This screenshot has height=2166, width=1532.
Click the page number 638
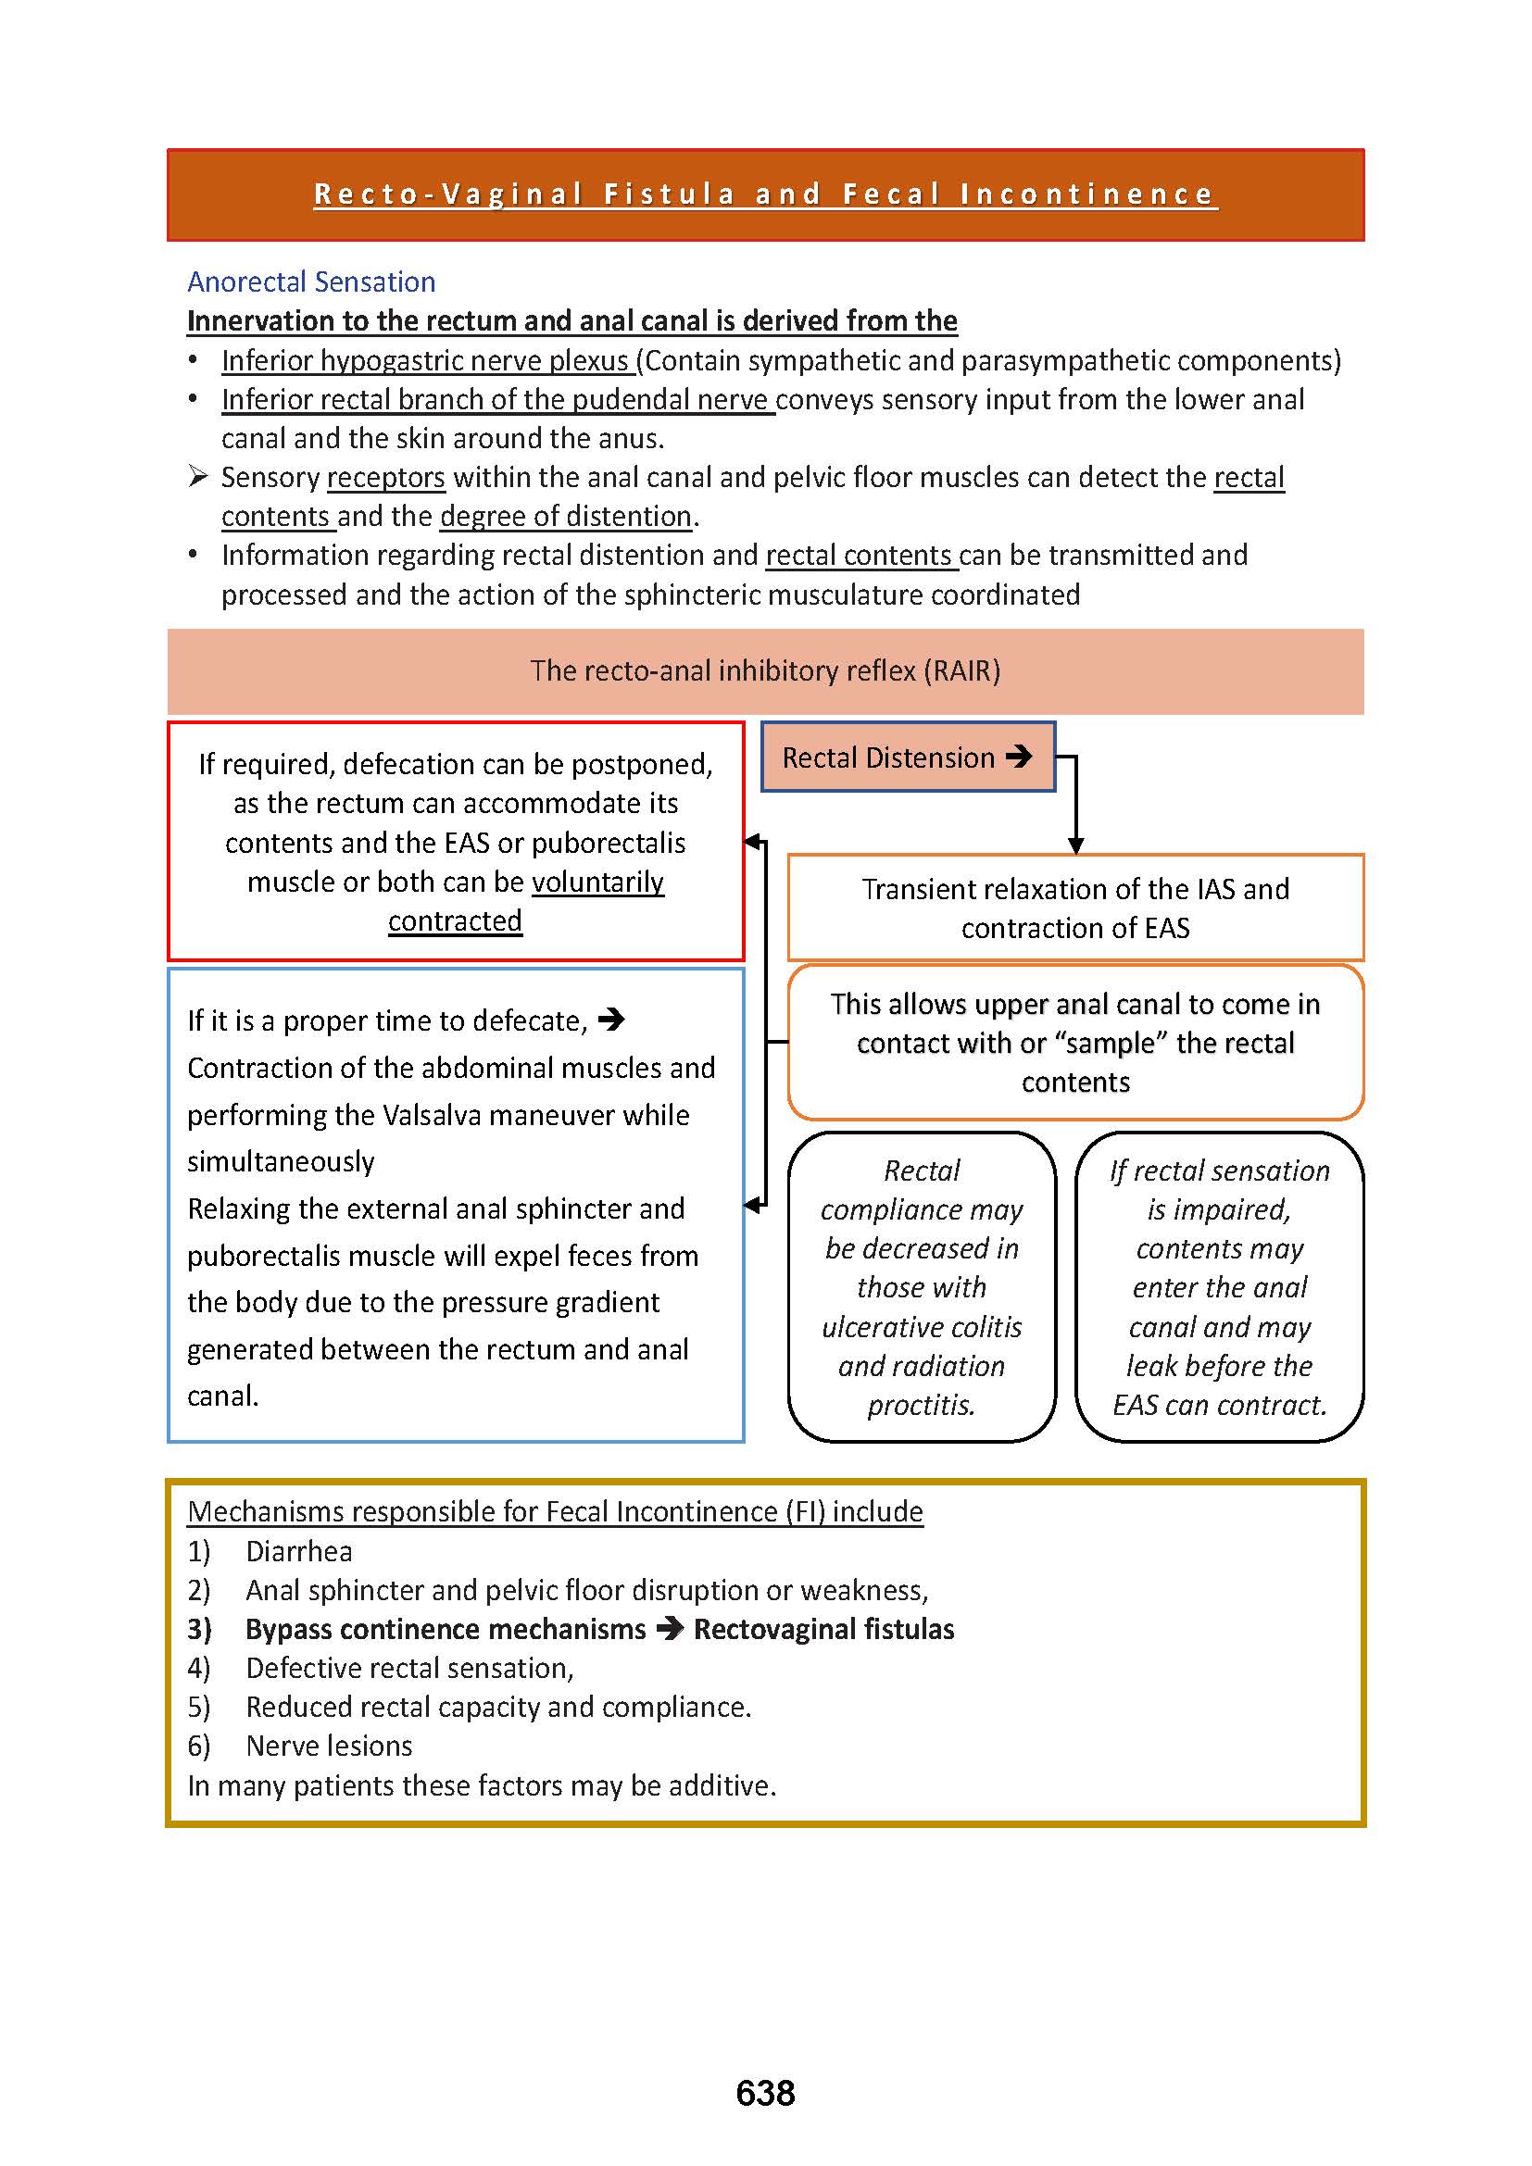[765, 2093]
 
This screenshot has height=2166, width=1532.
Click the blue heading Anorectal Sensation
[311, 282]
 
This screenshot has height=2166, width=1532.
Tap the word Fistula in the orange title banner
[669, 194]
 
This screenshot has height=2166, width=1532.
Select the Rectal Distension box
[908, 757]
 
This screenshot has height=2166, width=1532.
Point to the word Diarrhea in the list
[299, 1551]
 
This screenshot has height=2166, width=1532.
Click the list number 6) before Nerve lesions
[199, 1746]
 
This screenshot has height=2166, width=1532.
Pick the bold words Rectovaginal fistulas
[823, 1629]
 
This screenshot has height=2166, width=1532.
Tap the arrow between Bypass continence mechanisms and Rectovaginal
[670, 1629]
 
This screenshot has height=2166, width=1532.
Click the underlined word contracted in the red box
[455, 920]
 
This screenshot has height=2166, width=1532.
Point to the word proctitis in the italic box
[921, 1405]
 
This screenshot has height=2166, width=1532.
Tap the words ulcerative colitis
[922, 1326]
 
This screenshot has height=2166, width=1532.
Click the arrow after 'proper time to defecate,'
[611, 1020]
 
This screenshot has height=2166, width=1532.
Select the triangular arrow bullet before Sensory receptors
[197, 476]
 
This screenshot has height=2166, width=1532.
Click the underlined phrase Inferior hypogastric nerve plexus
[425, 360]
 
